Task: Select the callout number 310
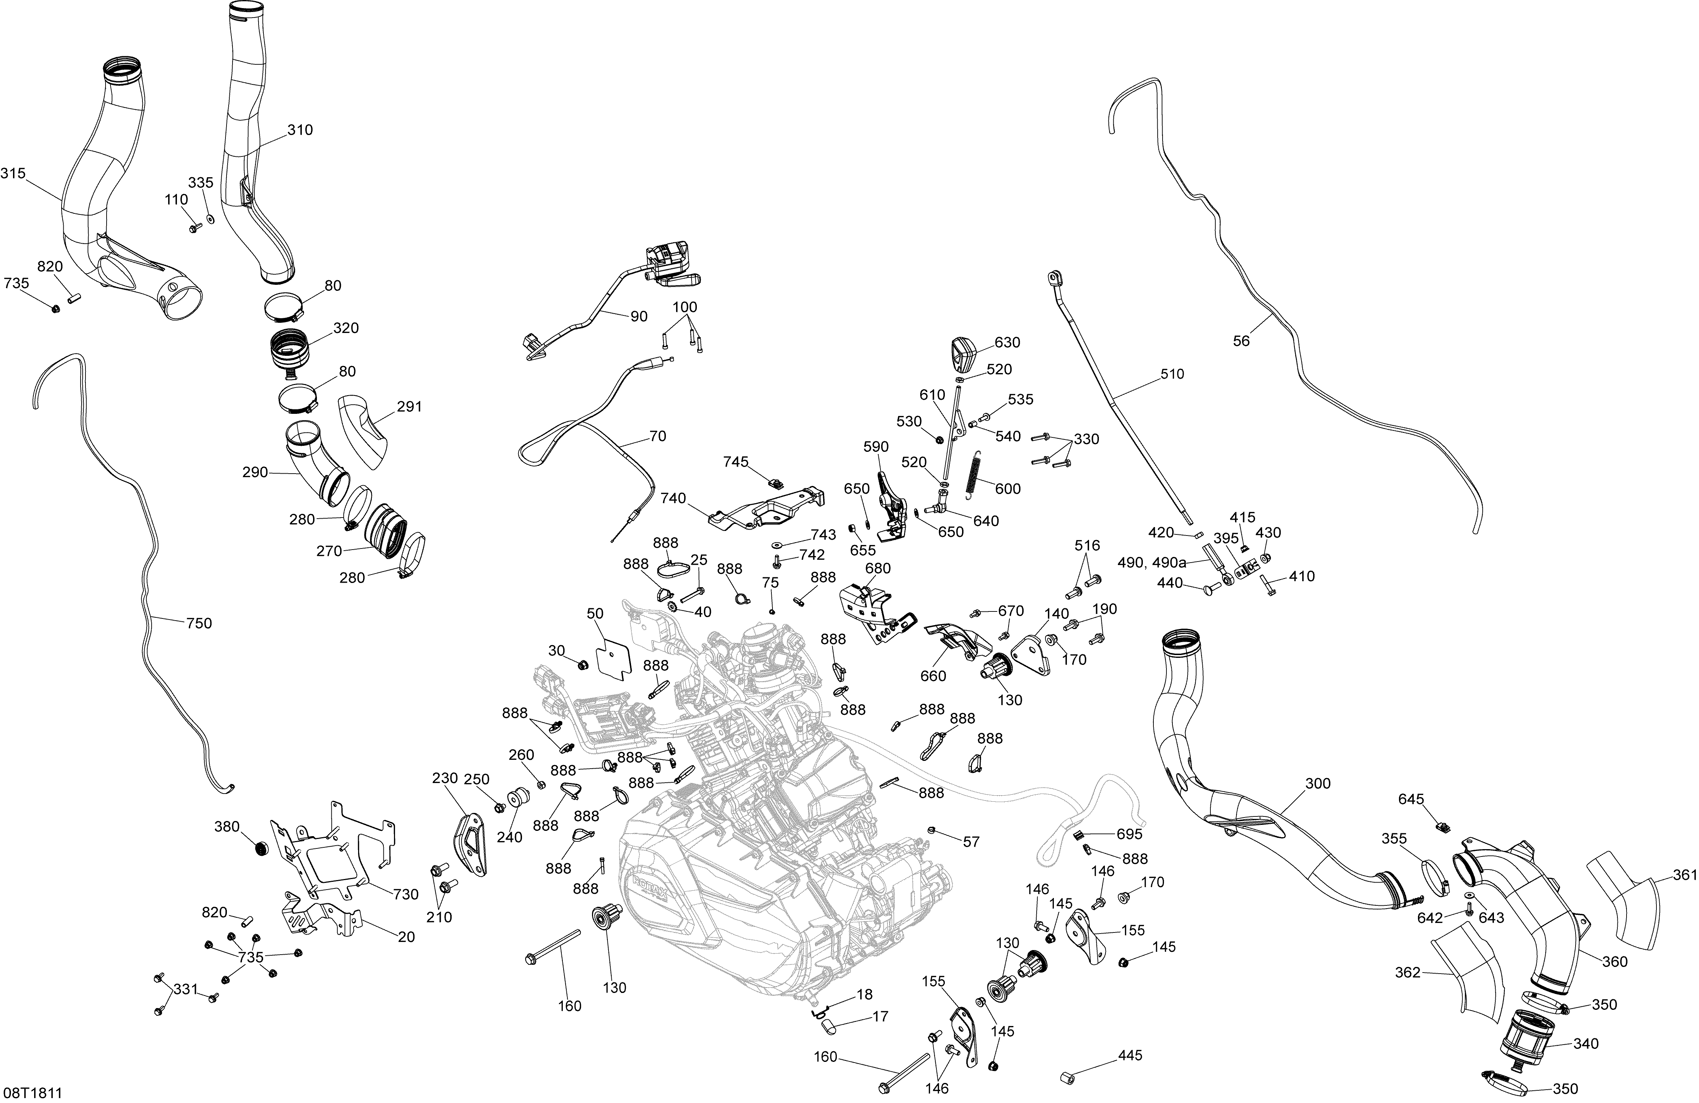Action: pos(300,130)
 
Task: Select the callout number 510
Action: pos(1172,374)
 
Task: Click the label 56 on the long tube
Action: pos(1241,341)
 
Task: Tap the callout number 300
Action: pos(1318,783)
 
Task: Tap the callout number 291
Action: pos(409,407)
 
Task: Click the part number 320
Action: pos(345,328)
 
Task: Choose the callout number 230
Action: pos(445,778)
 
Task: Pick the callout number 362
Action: pos(1408,972)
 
